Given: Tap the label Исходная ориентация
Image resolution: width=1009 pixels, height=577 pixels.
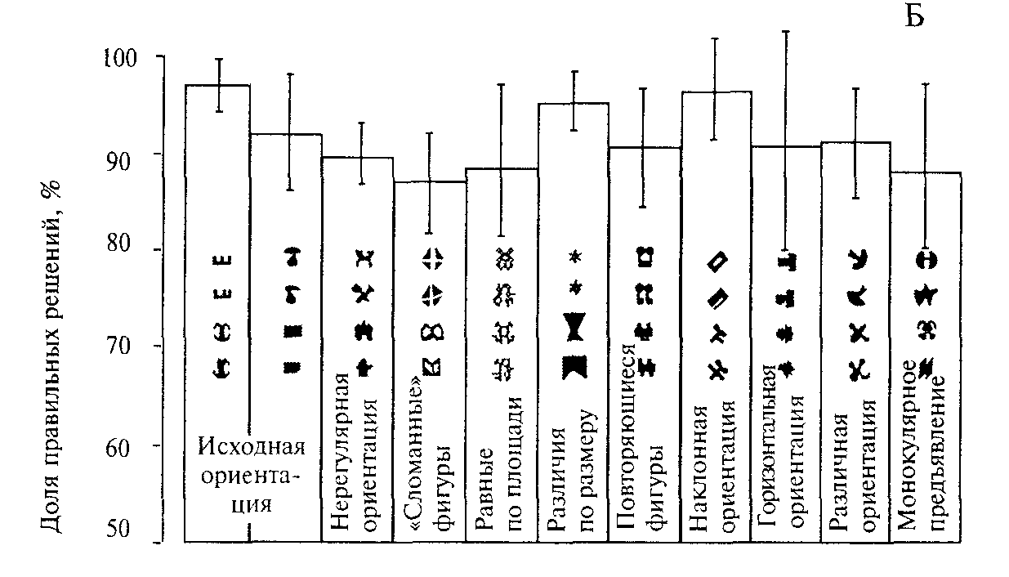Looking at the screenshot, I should [252, 474].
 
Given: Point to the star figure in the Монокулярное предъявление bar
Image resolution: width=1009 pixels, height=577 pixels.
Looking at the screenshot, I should [926, 293].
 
